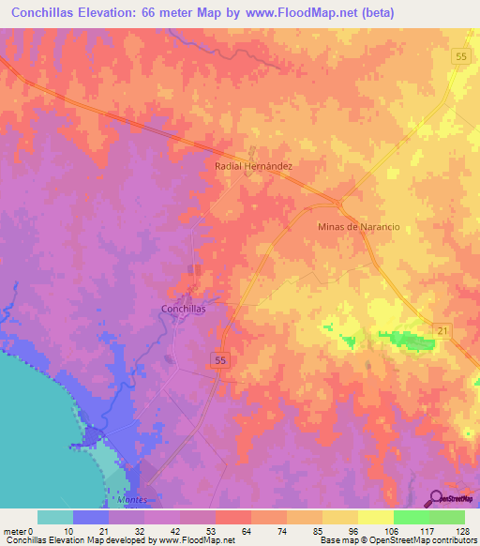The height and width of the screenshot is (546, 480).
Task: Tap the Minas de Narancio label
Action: click(x=359, y=227)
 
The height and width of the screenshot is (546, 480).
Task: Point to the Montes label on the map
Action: click(x=133, y=500)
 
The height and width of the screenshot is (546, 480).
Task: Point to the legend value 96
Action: click(x=355, y=532)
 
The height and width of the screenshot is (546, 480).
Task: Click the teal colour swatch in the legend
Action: click(x=54, y=517)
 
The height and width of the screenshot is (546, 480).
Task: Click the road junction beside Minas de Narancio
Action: click(x=338, y=205)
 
